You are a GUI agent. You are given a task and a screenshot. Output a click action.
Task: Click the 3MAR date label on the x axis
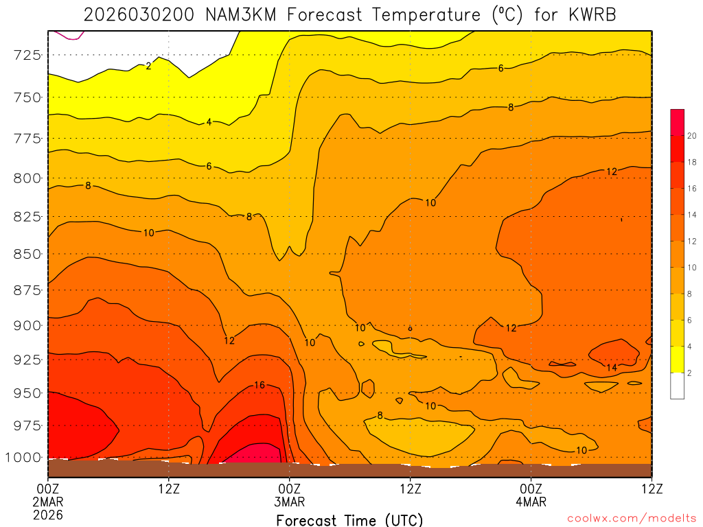(290, 502)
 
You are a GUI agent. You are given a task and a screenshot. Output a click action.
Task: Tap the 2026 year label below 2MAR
(48, 514)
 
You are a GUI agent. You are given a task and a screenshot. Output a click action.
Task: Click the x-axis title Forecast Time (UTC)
(349, 520)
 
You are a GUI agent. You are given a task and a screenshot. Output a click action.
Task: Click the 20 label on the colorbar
(692, 136)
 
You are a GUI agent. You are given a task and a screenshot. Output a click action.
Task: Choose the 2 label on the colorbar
(689, 373)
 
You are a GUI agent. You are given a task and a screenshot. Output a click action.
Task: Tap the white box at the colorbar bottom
(677, 386)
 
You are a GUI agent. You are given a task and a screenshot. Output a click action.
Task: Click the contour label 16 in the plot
(259, 385)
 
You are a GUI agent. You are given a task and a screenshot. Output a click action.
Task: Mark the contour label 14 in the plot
(612, 368)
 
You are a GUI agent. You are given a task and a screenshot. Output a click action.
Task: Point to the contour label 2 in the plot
(148, 66)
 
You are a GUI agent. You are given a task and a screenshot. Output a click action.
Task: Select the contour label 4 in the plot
(209, 122)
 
